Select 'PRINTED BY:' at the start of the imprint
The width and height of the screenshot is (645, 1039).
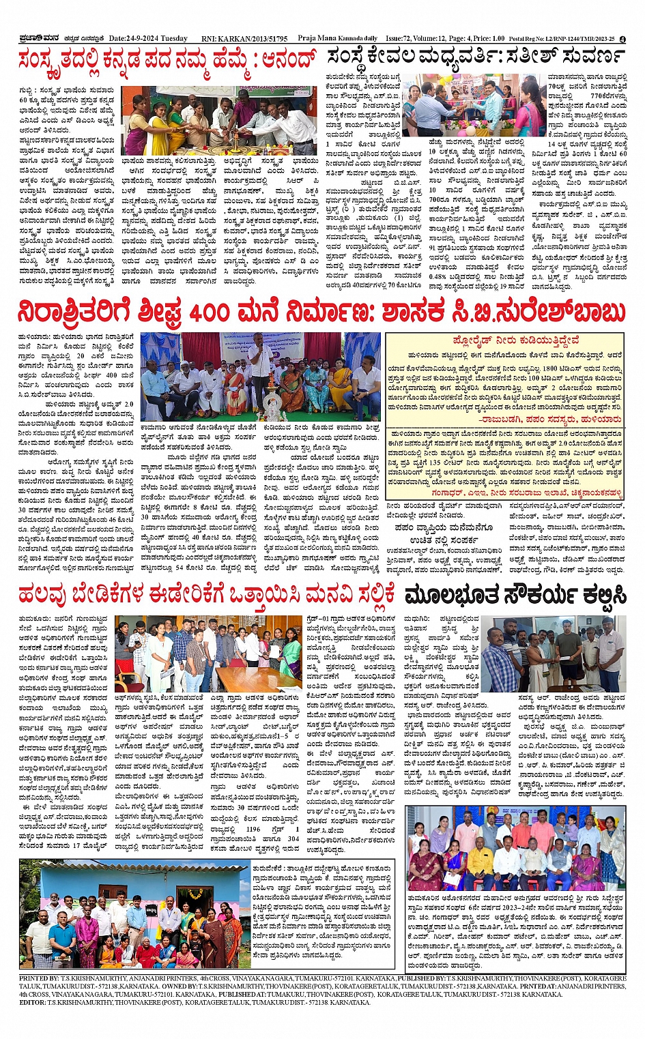43,978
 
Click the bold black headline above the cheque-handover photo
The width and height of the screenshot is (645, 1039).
515,595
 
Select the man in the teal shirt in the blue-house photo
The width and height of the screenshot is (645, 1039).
63,934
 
